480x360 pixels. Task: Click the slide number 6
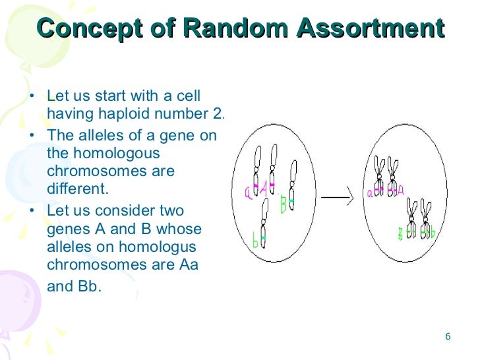(x=448, y=336)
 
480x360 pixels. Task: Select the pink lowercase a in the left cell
(x=249, y=192)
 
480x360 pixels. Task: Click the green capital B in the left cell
(x=283, y=205)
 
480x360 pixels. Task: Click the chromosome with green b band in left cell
(x=264, y=224)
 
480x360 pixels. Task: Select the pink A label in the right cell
(x=400, y=191)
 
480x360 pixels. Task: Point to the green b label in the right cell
(x=433, y=233)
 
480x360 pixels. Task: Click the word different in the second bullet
(x=76, y=189)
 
